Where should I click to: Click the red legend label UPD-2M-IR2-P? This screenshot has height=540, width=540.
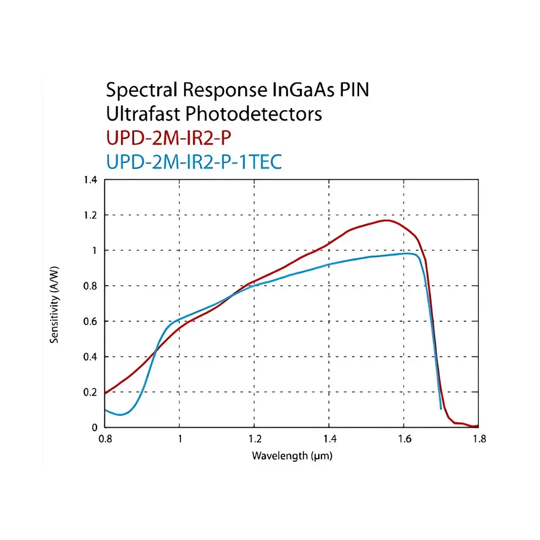coord(168,138)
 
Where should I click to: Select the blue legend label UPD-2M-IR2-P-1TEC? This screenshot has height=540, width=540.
coord(194,161)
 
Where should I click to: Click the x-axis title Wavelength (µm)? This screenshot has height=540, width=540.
coord(292,456)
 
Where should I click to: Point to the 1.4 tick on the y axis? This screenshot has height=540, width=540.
coord(90,180)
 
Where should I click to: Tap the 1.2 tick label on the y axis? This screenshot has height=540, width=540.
coord(90,215)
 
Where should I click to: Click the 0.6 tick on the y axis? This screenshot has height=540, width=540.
coord(90,321)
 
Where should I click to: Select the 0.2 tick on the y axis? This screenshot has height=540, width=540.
coord(90,392)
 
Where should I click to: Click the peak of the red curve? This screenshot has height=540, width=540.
coord(387,220)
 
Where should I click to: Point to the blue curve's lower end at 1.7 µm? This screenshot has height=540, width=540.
coord(441,408)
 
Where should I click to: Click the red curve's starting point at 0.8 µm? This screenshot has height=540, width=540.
coord(105,393)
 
